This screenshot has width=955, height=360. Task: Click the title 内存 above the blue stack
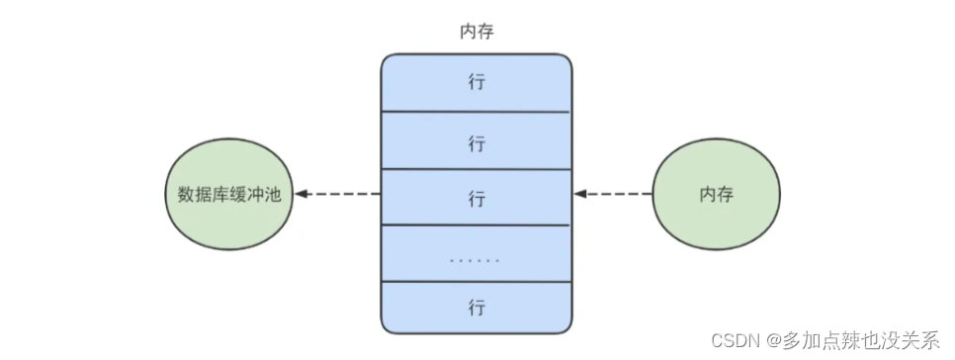477,32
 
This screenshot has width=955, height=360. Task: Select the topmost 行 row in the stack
477,83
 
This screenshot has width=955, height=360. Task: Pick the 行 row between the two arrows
477,197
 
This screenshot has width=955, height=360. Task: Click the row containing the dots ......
477,259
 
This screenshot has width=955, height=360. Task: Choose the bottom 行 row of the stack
477,308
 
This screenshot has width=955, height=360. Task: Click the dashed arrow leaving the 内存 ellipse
618,194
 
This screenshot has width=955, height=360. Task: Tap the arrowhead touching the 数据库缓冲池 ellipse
301,194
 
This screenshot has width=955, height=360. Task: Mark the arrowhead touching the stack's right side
580,194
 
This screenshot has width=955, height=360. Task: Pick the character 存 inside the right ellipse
725,194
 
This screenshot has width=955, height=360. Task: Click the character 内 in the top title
466,32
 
